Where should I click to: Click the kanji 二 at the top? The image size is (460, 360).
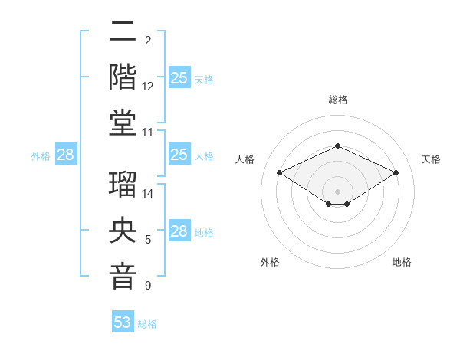click(x=123, y=33)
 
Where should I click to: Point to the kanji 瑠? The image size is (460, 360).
click(x=123, y=184)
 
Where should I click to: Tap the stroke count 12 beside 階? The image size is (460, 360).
click(x=149, y=87)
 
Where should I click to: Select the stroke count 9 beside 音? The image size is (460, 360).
click(x=148, y=286)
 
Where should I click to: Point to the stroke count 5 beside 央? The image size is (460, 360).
click(x=148, y=241)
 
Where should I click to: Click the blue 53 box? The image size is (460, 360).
click(x=123, y=322)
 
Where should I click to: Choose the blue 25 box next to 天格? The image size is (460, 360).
click(x=179, y=78)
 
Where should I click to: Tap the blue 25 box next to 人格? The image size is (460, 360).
click(x=179, y=155)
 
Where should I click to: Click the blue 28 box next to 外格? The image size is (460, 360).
click(x=66, y=155)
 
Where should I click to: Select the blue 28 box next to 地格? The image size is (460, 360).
click(x=179, y=231)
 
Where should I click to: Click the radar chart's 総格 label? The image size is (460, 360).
click(x=337, y=100)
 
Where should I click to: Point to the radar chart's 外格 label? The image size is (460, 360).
click(x=270, y=262)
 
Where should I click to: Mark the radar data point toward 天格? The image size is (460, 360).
click(x=396, y=173)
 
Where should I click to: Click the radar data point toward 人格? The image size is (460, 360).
click(x=280, y=173)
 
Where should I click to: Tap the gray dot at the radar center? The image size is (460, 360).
click(x=337, y=190)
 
